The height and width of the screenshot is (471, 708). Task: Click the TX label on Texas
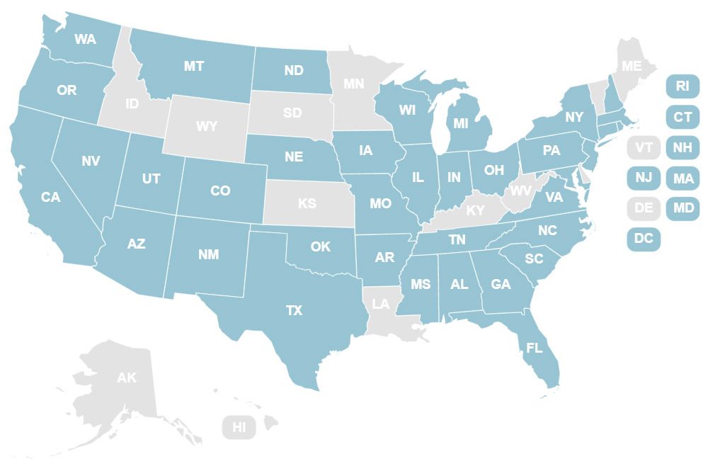click(x=294, y=310)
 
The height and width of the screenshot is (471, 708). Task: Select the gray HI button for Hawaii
click(x=239, y=427)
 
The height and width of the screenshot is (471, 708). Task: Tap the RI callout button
click(x=683, y=86)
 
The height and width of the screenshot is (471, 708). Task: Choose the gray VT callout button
click(x=644, y=147)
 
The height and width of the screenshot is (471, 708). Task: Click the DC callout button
click(x=644, y=239)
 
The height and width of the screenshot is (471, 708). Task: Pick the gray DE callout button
click(x=644, y=208)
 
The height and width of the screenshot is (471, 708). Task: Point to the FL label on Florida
click(x=534, y=348)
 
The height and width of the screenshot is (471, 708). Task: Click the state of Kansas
click(x=307, y=203)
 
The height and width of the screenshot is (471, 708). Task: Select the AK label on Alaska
click(x=127, y=378)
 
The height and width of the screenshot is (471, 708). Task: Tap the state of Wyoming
click(x=207, y=126)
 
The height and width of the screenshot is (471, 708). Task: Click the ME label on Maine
click(x=631, y=65)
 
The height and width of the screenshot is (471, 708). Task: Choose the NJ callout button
click(x=644, y=177)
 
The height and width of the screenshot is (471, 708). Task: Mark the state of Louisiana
click(x=381, y=304)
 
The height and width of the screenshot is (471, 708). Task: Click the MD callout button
click(x=683, y=208)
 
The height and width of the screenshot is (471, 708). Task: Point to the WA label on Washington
click(x=85, y=38)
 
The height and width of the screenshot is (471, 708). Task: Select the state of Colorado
click(x=220, y=191)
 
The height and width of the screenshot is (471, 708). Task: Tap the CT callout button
click(x=683, y=116)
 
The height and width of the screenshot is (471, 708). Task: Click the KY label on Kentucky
click(x=475, y=210)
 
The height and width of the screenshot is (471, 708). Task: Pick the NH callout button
click(x=683, y=147)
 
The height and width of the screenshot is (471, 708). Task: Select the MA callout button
click(x=683, y=178)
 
